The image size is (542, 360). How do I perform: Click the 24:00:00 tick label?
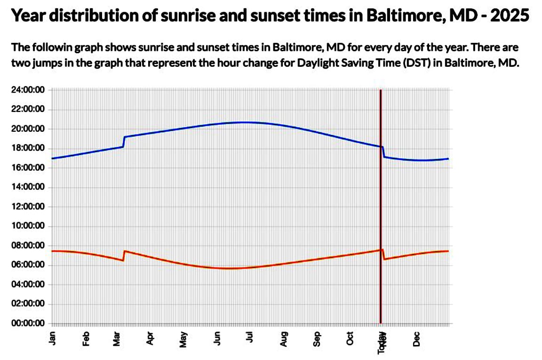click(28, 90)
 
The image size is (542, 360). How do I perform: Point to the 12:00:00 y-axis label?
click(28, 207)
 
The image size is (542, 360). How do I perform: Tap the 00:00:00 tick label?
click(28, 323)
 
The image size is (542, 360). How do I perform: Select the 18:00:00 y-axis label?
click(28, 148)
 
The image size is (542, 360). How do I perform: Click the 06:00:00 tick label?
click(28, 265)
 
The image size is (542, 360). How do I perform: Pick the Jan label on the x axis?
click(53, 336)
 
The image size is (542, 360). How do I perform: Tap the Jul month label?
click(250, 337)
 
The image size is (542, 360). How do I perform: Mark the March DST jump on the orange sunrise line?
click(124, 256)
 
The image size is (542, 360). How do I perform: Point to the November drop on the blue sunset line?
click(383, 152)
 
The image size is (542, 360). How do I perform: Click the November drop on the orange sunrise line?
click(383, 255)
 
